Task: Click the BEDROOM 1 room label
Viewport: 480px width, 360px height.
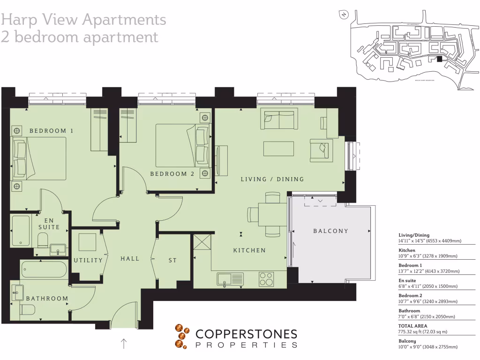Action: pos(51,131)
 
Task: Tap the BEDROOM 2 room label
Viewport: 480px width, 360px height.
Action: pos(172,174)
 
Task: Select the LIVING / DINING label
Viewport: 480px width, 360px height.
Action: pos(272,179)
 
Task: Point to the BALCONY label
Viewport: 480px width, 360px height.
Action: pos(331,231)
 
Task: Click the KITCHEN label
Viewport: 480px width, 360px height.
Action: pos(249,250)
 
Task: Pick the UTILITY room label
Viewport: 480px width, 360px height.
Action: pos(88,260)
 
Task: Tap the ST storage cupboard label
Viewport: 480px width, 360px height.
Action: pos(172,260)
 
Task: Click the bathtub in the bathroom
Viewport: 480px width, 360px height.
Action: pos(45,270)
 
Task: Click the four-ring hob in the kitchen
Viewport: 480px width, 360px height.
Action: pos(266,279)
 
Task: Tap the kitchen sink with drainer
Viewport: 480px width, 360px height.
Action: pos(230,280)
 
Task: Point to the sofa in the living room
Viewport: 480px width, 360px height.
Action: pos(279,120)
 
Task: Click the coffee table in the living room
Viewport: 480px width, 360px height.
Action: pos(278,149)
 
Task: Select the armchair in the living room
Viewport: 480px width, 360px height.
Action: pos(322,150)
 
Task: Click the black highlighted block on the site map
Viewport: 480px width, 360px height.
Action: pos(439,59)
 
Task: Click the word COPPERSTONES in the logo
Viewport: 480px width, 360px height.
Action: pos(246,334)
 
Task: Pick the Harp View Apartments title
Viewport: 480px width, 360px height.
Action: pos(83,20)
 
